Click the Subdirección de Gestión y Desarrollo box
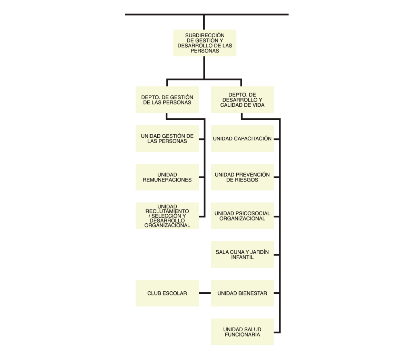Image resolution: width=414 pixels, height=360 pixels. pos(205,43)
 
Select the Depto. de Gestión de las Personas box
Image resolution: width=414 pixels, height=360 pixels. pos(167,100)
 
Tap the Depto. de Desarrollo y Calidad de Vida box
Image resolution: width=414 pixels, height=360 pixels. pos(242,100)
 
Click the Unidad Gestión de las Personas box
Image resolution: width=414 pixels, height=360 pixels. pos(167,138)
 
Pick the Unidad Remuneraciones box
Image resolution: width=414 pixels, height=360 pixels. pos(167,177)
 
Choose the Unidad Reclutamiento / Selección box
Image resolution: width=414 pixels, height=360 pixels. pos(167,216)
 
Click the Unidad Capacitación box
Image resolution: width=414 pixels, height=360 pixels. pos(242,138)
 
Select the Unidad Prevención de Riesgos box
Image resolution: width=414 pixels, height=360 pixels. pos(242,177)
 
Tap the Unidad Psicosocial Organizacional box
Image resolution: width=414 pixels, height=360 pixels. pos(242,216)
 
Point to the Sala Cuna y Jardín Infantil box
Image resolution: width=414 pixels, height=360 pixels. pos(242,254)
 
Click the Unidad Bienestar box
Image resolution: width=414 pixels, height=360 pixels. pos(242,293)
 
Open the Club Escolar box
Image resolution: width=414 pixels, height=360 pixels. pos(167,293)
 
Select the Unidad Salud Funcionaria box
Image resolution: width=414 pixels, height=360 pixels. pos(242,332)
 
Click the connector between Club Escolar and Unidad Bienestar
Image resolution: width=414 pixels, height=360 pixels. pos(205,293)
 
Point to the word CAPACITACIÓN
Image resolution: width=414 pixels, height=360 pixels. pos(253,138)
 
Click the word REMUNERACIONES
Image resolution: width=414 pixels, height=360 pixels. pos(167,180)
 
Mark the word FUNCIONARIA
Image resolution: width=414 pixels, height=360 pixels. pos(242,334)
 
